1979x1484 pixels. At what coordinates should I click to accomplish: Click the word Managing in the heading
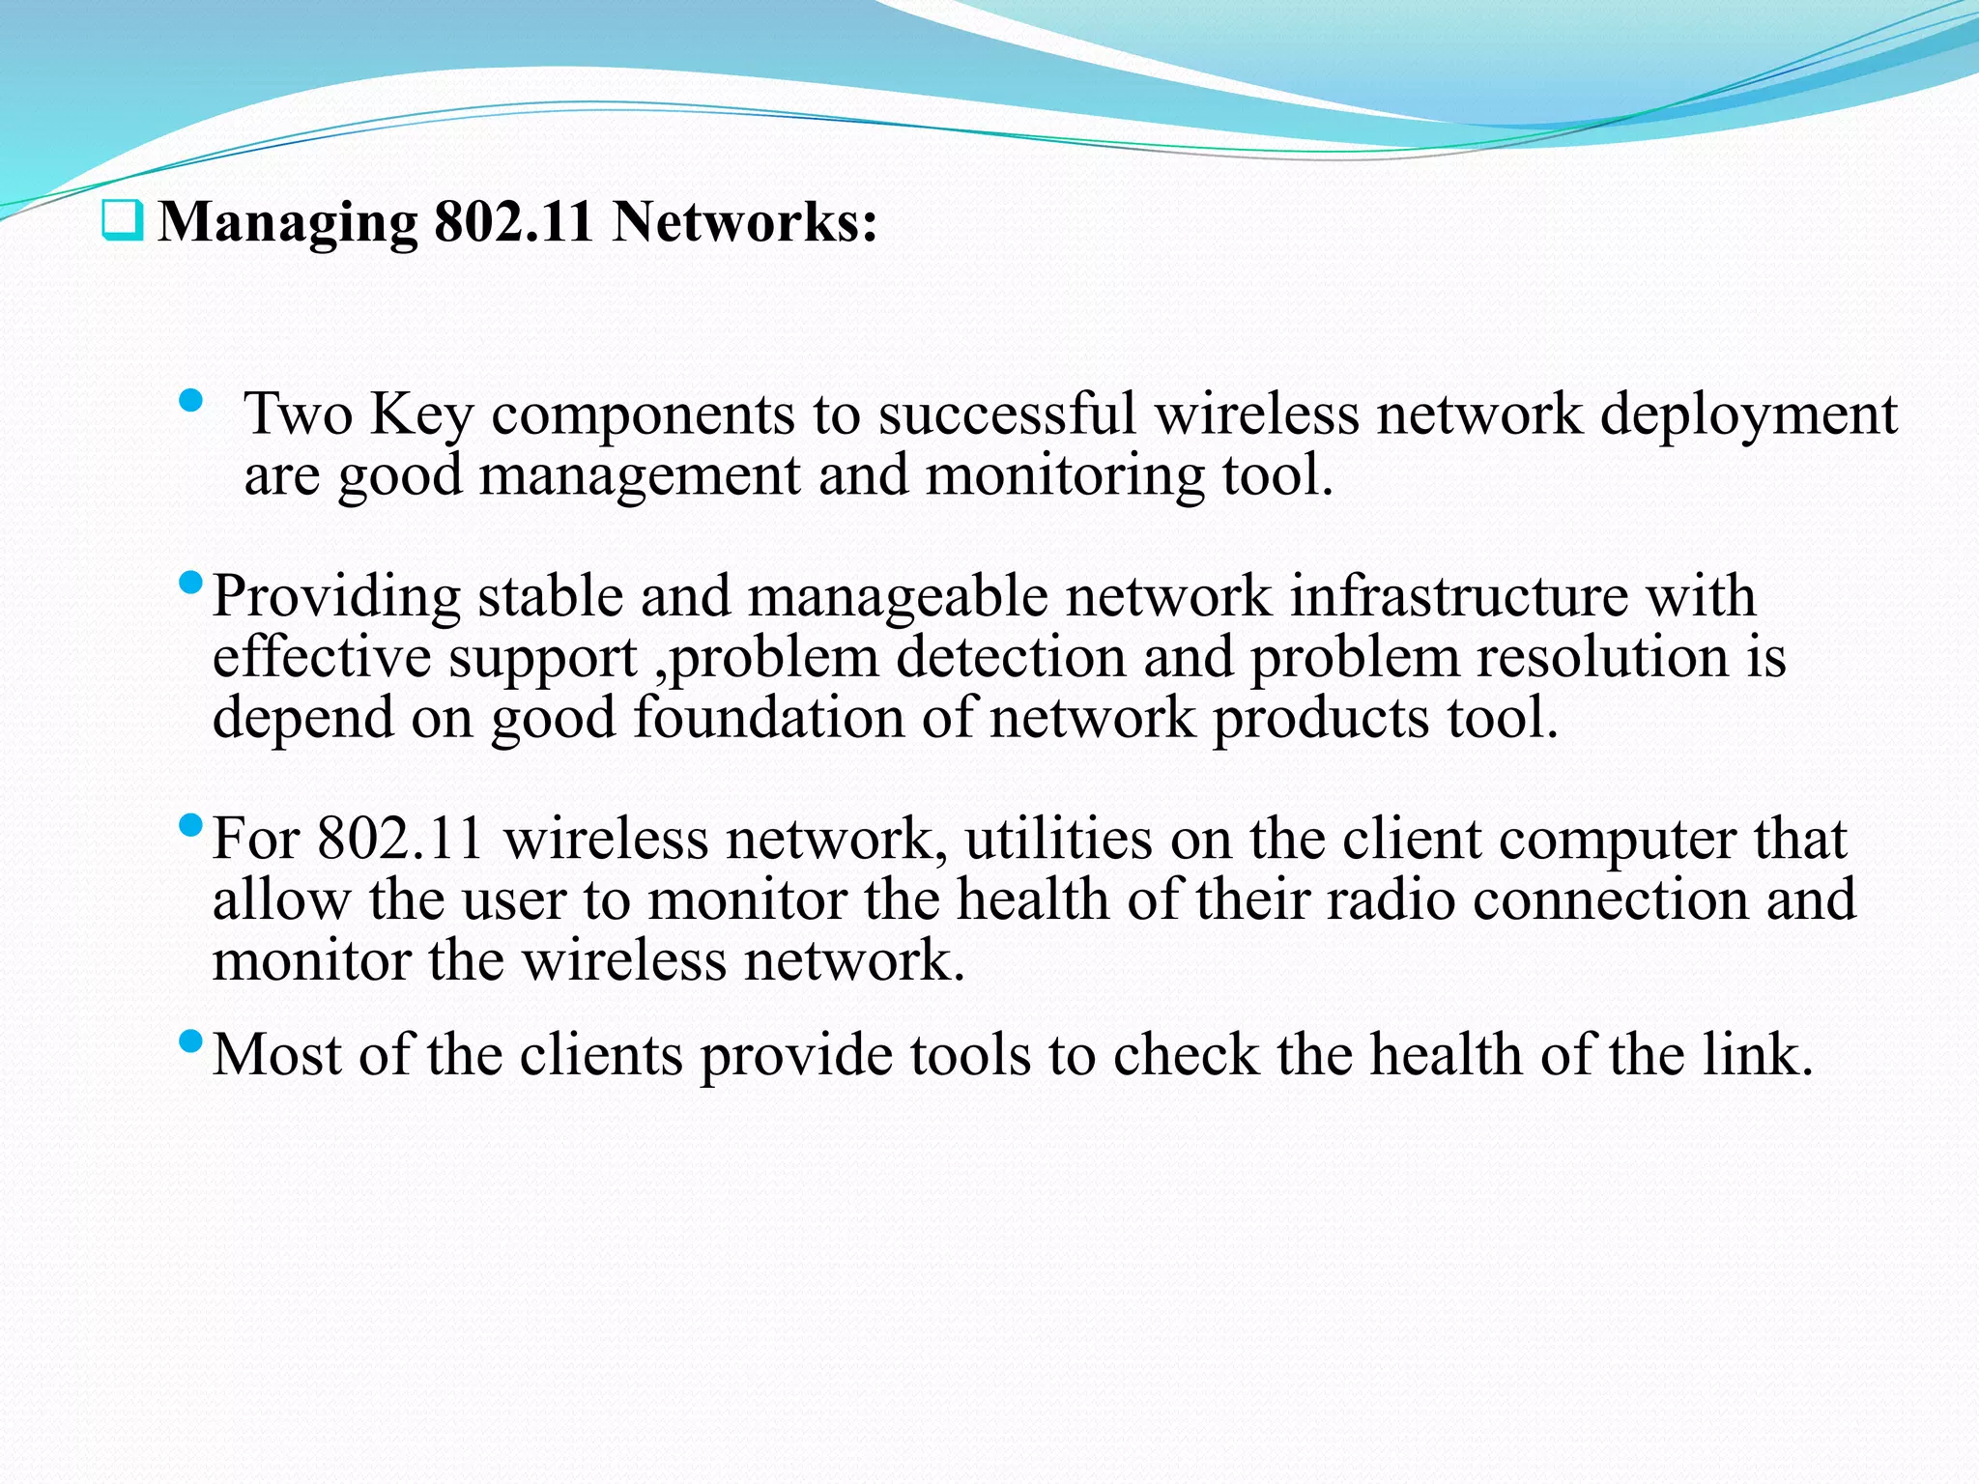[288, 224]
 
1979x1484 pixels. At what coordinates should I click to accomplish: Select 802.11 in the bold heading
[513, 222]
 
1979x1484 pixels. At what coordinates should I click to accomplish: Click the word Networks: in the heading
[745, 222]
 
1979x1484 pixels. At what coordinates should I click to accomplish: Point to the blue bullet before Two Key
[191, 400]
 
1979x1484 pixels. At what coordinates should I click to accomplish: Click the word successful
[1006, 414]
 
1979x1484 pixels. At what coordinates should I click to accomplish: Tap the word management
[640, 476]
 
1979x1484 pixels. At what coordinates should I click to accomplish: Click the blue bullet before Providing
[191, 583]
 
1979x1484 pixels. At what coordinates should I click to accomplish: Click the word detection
[1011, 658]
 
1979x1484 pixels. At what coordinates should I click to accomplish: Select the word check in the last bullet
[1186, 1055]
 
